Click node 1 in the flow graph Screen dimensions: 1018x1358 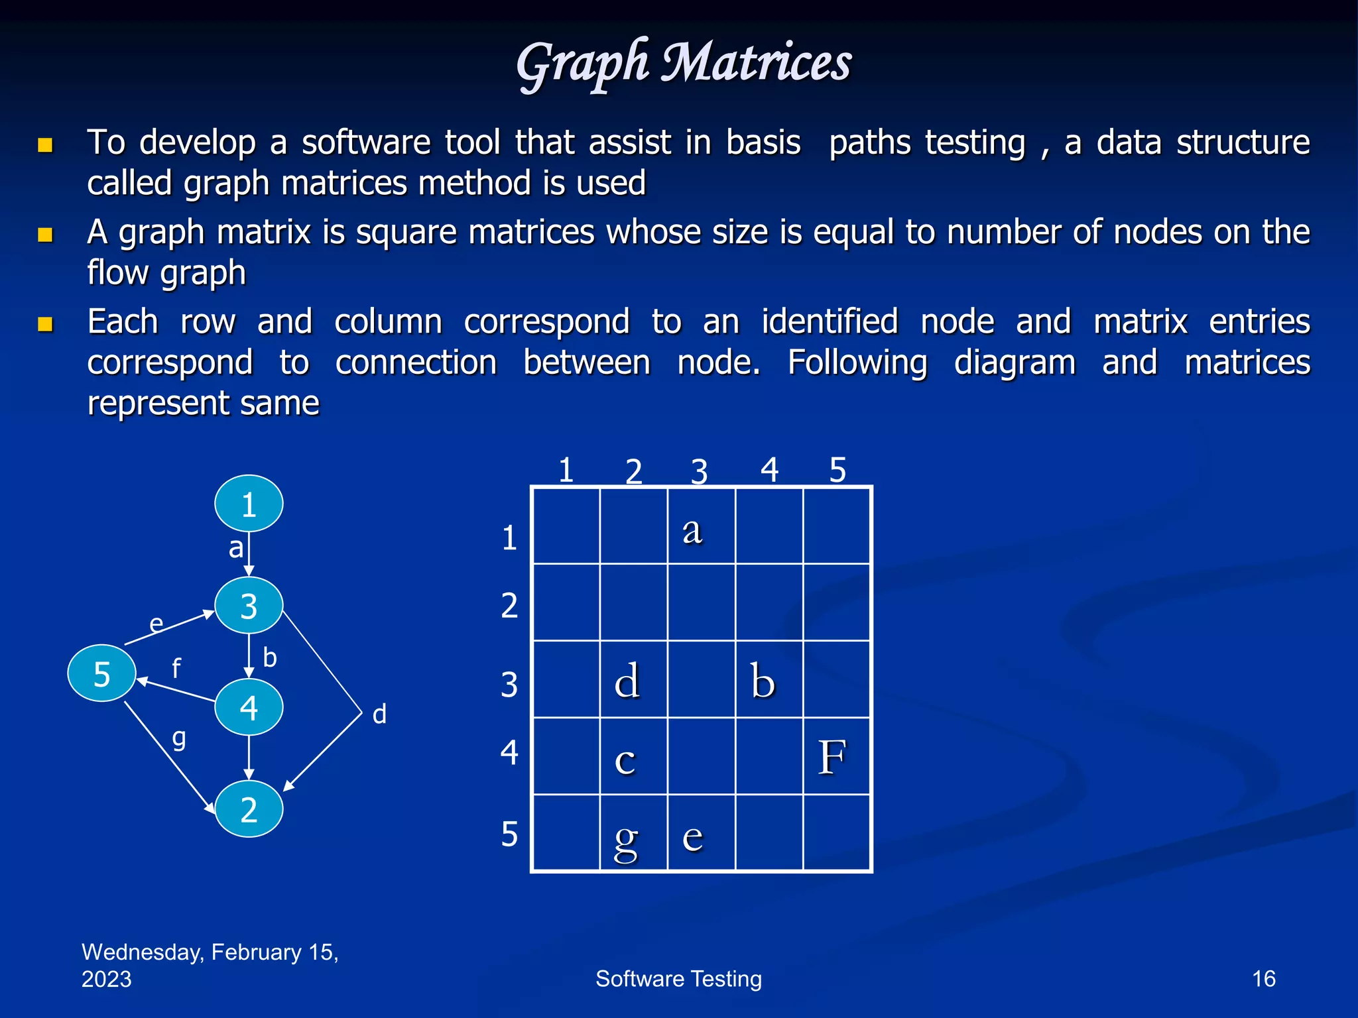(249, 504)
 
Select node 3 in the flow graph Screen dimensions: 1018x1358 (249, 606)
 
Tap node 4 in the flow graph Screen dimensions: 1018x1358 (249, 707)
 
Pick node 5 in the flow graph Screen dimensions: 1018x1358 (101, 673)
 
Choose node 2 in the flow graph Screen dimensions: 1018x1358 (249, 809)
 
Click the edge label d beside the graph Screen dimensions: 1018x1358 (379, 714)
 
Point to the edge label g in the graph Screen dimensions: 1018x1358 (179, 738)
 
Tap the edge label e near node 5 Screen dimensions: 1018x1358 (156, 623)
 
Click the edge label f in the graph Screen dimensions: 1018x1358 (176, 668)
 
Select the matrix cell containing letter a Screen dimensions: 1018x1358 (701, 526)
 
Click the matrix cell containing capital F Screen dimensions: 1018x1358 (836, 756)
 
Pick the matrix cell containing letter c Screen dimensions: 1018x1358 (633, 756)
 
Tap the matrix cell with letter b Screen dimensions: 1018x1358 (769, 679)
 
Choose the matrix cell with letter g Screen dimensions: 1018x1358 (633, 833)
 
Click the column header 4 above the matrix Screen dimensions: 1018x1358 (769, 470)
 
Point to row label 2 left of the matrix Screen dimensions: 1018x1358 (509, 605)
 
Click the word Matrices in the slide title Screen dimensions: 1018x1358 (757, 63)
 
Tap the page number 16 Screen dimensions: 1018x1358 (1263, 978)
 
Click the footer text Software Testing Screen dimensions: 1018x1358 (678, 978)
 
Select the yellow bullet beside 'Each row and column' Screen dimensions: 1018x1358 (45, 323)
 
